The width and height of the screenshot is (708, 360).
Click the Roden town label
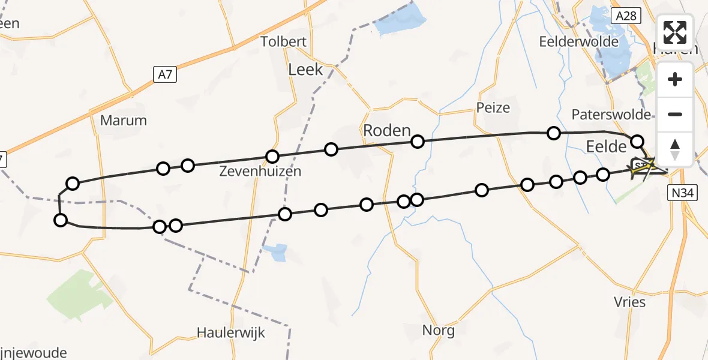pos(387,131)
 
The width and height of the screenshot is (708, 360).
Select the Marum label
pos(124,120)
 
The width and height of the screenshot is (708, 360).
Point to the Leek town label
pos(305,70)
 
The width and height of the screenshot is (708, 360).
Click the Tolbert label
pos(284,42)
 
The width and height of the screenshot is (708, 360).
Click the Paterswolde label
pos(611,115)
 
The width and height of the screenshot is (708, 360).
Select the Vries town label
pos(630,302)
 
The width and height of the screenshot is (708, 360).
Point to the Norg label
pos(438,330)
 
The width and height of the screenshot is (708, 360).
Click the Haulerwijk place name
pos(231,332)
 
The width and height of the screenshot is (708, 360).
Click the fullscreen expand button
pos(675,32)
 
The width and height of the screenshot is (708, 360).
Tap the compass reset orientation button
pos(675,149)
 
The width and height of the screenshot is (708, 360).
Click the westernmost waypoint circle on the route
pos(61,220)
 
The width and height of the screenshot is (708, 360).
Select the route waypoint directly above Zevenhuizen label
pos(272,157)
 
